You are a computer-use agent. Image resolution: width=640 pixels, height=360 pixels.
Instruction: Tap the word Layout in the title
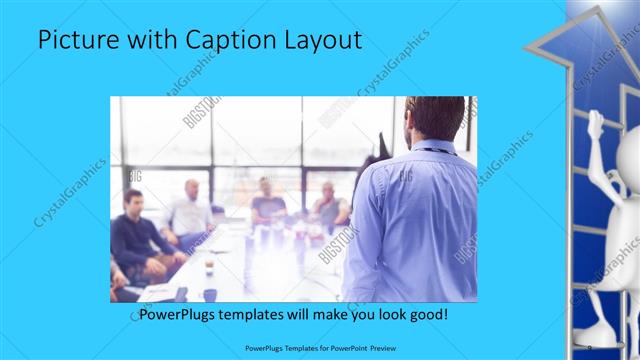click(x=323, y=41)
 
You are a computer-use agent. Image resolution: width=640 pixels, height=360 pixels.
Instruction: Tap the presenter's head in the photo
click(x=434, y=117)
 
